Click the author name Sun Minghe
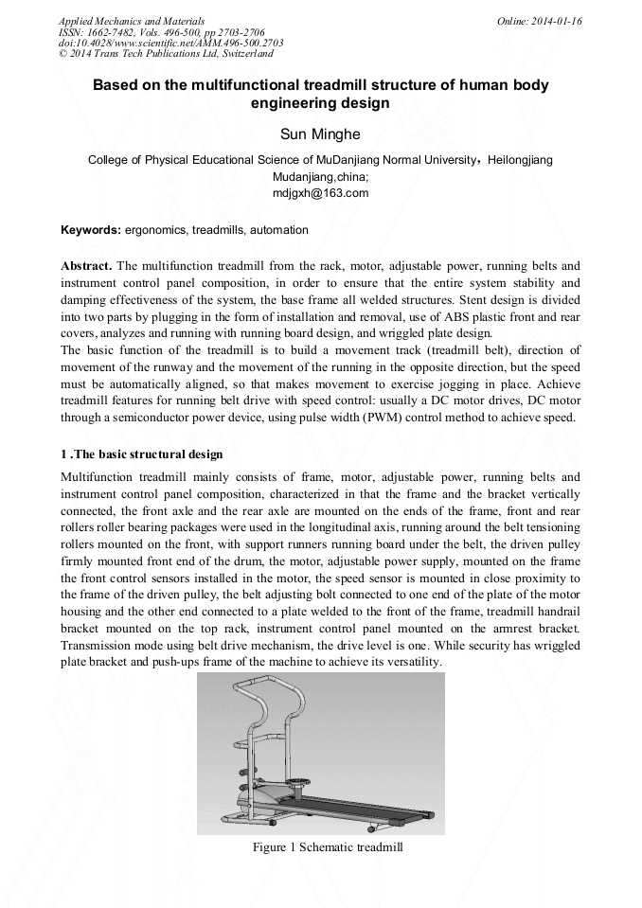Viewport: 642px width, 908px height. pos(320,134)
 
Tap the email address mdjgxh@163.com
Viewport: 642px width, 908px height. pos(320,193)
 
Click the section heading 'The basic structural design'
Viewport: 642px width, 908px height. pos(150,454)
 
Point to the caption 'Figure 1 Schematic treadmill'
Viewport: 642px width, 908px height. pos(328,847)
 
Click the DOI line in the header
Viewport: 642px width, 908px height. pos(170,44)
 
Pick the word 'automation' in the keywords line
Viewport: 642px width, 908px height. pos(278,230)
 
